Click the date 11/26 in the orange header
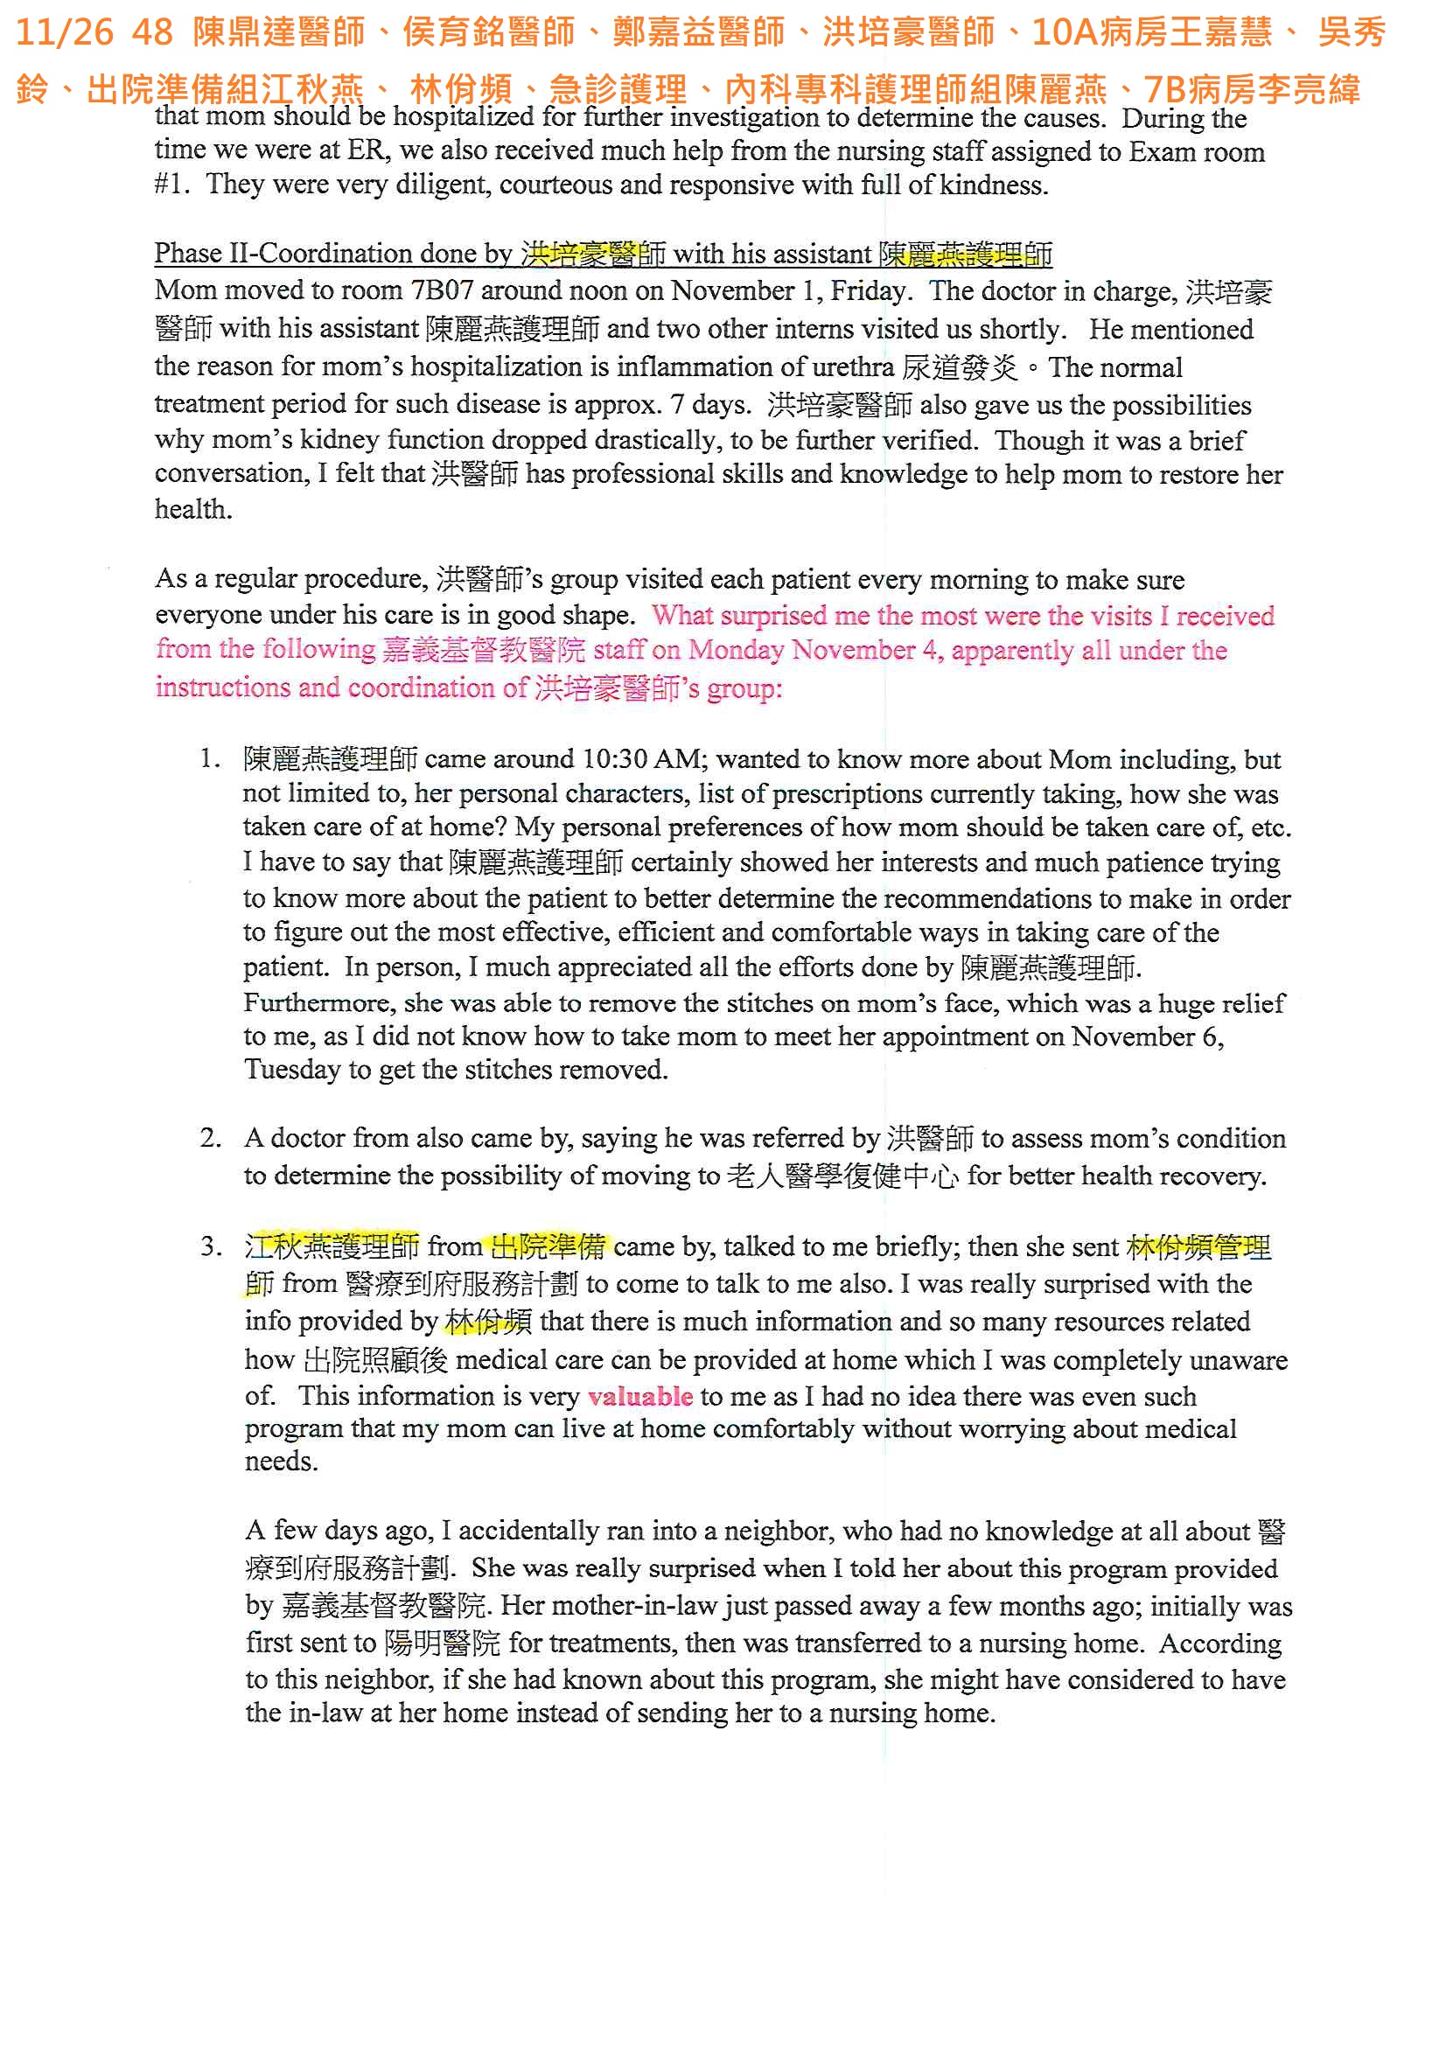[x=64, y=33]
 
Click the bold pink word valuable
[x=639, y=1396]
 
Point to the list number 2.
[x=209, y=1137]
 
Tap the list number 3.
[x=209, y=1246]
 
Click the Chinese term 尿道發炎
[x=960, y=367]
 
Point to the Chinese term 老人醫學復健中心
[x=842, y=1176]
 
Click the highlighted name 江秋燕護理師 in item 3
[x=332, y=1246]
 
